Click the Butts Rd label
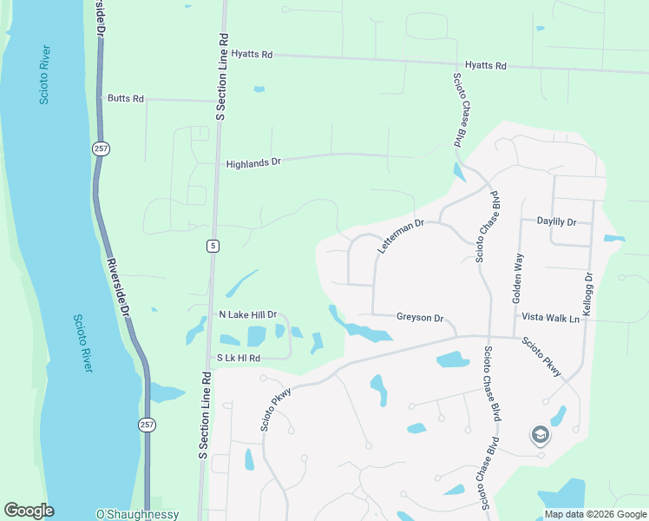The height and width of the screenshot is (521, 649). (x=125, y=98)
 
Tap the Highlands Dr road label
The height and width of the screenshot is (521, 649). (x=253, y=162)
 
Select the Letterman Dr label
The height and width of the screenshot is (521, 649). (x=400, y=236)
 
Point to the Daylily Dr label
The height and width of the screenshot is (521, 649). (x=556, y=222)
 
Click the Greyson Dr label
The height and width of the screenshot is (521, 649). (x=420, y=318)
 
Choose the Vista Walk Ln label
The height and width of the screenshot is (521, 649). (x=549, y=319)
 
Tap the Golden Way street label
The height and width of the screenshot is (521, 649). (x=518, y=277)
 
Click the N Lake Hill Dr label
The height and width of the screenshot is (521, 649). (x=247, y=314)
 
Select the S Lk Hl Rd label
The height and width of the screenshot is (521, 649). (x=238, y=358)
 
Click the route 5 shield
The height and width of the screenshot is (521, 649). (x=212, y=247)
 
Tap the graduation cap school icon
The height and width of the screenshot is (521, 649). (x=540, y=434)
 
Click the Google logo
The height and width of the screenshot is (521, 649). (x=29, y=511)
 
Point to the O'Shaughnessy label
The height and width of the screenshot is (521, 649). (x=137, y=514)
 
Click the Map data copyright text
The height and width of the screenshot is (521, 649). (x=594, y=514)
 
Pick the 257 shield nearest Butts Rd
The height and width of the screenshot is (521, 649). (x=100, y=149)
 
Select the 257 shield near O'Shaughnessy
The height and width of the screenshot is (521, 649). (x=147, y=425)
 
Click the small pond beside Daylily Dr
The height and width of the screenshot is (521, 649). (x=613, y=238)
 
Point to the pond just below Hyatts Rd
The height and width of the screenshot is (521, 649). (x=259, y=89)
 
